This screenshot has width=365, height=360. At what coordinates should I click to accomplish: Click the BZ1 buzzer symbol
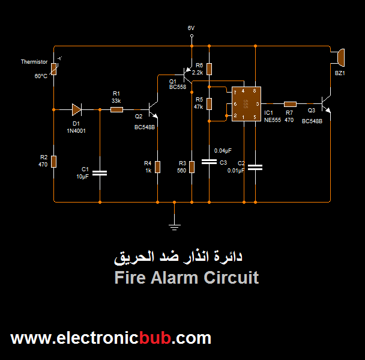coord(339,57)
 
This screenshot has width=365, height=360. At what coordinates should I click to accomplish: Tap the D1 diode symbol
coord(76,109)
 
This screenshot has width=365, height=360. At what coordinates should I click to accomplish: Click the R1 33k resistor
coord(116,109)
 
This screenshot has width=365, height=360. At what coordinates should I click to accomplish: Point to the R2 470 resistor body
coord(53,161)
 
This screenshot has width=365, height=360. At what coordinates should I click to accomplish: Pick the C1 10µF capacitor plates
coord(100,173)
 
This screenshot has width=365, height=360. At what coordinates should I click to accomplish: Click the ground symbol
coord(174,225)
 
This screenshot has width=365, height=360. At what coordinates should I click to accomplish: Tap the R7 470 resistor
coord(290,104)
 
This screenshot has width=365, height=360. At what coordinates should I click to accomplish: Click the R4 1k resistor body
coord(157,166)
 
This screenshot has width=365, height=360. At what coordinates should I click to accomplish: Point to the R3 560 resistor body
coord(191,166)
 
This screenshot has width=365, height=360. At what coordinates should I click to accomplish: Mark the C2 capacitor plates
coord(256,168)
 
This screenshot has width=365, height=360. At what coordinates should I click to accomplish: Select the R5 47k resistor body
coord(209,103)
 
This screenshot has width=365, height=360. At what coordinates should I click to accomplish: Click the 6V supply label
coord(191,28)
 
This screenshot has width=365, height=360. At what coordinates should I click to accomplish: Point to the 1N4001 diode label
coord(76,130)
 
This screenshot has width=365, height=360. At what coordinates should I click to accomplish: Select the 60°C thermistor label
coord(41,76)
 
